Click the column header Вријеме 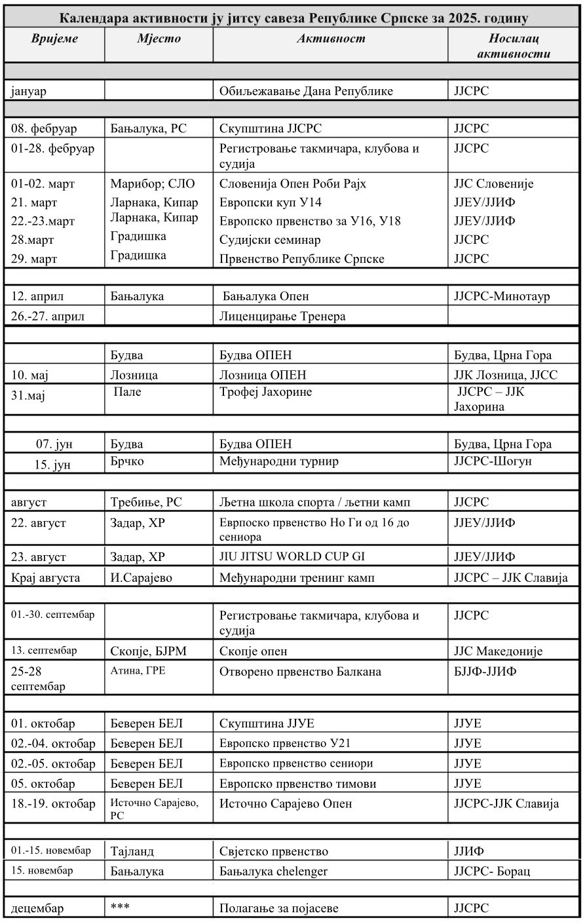coord(54,39)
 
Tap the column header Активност coord(331,39)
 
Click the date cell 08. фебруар coord(44,128)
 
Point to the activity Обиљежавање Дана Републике coord(306,91)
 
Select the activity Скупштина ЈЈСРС coord(271,128)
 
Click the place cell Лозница coord(134,375)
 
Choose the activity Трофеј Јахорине coord(266,393)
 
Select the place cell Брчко coord(127,461)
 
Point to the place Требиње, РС coord(146,503)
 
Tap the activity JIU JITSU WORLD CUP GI coord(292,557)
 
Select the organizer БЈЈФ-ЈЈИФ coord(488,672)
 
